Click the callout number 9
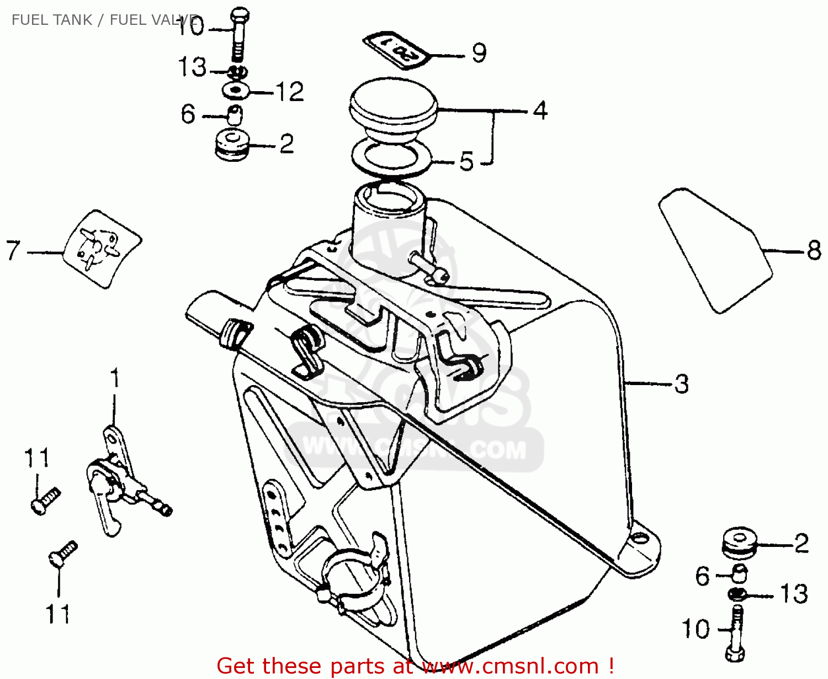(479, 53)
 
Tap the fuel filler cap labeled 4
(393, 110)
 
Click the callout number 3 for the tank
(682, 383)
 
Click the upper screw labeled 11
(45, 499)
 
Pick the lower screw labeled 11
(62, 553)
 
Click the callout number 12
(290, 92)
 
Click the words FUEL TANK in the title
(52, 20)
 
